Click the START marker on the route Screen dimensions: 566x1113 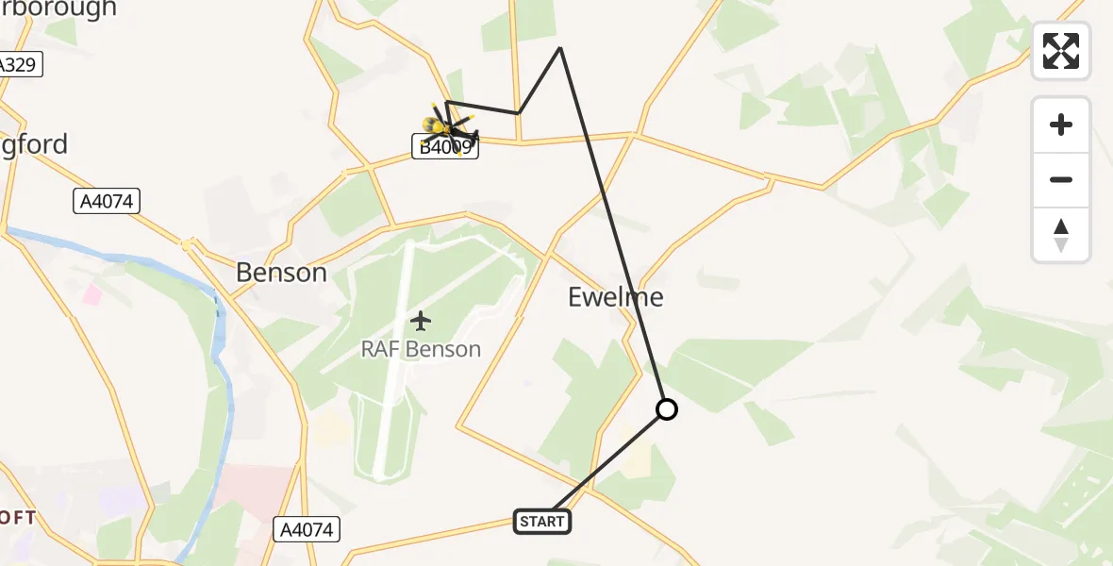tap(542, 521)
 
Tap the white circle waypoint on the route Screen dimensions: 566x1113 tap(667, 409)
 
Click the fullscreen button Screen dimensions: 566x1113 tap(1061, 51)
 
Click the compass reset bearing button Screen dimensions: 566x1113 tap(1061, 235)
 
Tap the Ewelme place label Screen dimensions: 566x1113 tap(616, 297)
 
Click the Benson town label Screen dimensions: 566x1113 tap(281, 273)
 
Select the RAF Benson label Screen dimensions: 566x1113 tap(421, 349)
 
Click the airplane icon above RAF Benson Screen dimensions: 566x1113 tap(421, 321)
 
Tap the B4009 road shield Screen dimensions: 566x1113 tap(445, 147)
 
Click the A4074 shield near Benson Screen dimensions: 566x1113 tap(107, 200)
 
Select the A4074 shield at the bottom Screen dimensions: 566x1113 tap(307, 529)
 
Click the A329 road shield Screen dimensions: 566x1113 tap(17, 65)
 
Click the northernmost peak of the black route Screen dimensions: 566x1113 tap(560, 47)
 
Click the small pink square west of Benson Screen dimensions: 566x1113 tap(92, 294)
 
